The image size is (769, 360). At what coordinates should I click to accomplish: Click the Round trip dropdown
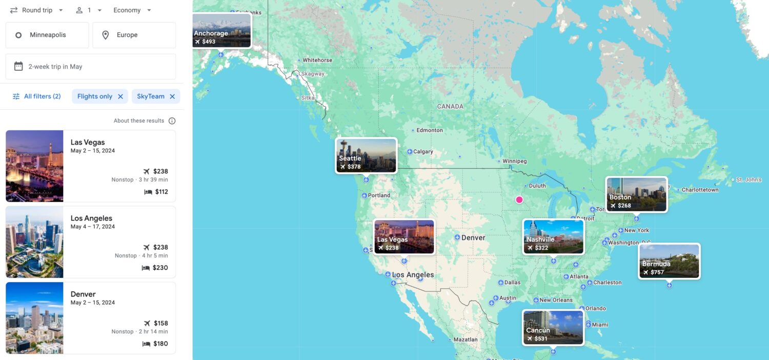(x=37, y=10)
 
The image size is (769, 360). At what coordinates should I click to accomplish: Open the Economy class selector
(x=132, y=10)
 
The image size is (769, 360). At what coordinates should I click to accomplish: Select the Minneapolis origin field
(x=47, y=35)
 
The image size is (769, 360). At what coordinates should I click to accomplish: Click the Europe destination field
(x=134, y=35)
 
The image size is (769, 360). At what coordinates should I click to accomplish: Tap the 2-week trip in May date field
(x=91, y=67)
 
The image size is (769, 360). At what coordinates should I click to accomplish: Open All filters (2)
(x=36, y=96)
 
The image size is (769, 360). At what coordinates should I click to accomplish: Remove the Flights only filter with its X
(x=120, y=96)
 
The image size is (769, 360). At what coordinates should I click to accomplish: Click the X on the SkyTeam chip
(x=172, y=96)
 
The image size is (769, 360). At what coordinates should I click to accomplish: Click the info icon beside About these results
(x=172, y=121)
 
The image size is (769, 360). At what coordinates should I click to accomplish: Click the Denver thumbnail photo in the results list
(x=34, y=318)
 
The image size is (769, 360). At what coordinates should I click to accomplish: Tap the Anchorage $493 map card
(x=222, y=30)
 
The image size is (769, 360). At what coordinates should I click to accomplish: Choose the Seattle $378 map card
(x=366, y=155)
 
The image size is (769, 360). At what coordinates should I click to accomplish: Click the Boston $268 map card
(x=636, y=194)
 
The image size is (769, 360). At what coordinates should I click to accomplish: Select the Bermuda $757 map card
(x=669, y=261)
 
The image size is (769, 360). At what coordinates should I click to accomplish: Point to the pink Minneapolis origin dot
(x=519, y=199)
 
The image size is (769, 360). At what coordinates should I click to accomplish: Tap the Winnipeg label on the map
(x=514, y=161)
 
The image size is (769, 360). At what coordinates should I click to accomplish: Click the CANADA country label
(x=450, y=107)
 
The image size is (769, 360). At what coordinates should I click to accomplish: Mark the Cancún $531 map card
(x=553, y=327)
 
